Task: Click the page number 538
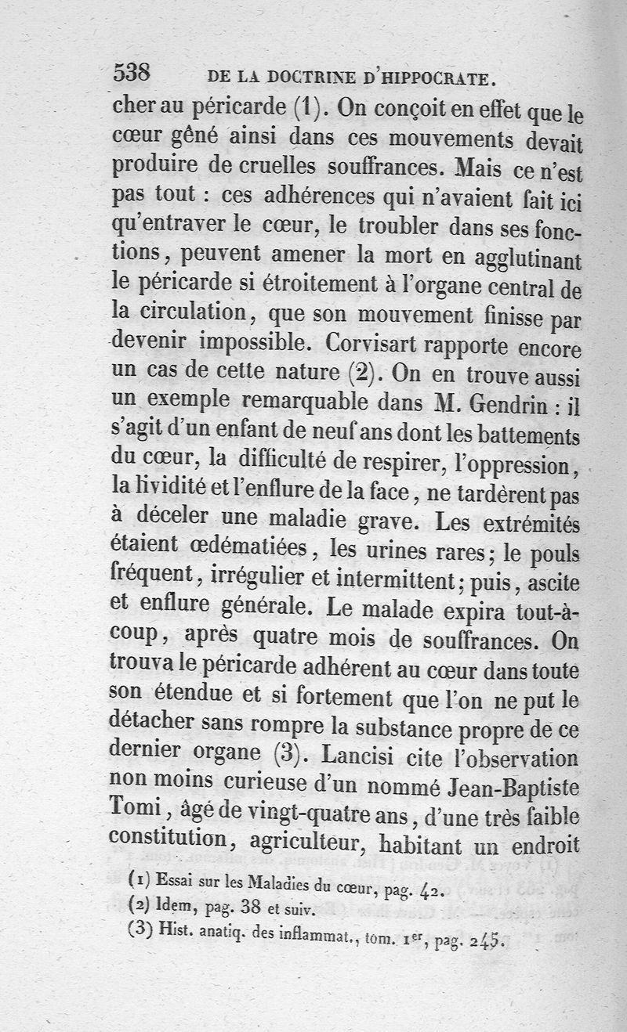pyautogui.click(x=132, y=74)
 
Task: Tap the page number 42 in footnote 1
pyautogui.click(x=429, y=889)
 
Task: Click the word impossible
pyautogui.click(x=255, y=345)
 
